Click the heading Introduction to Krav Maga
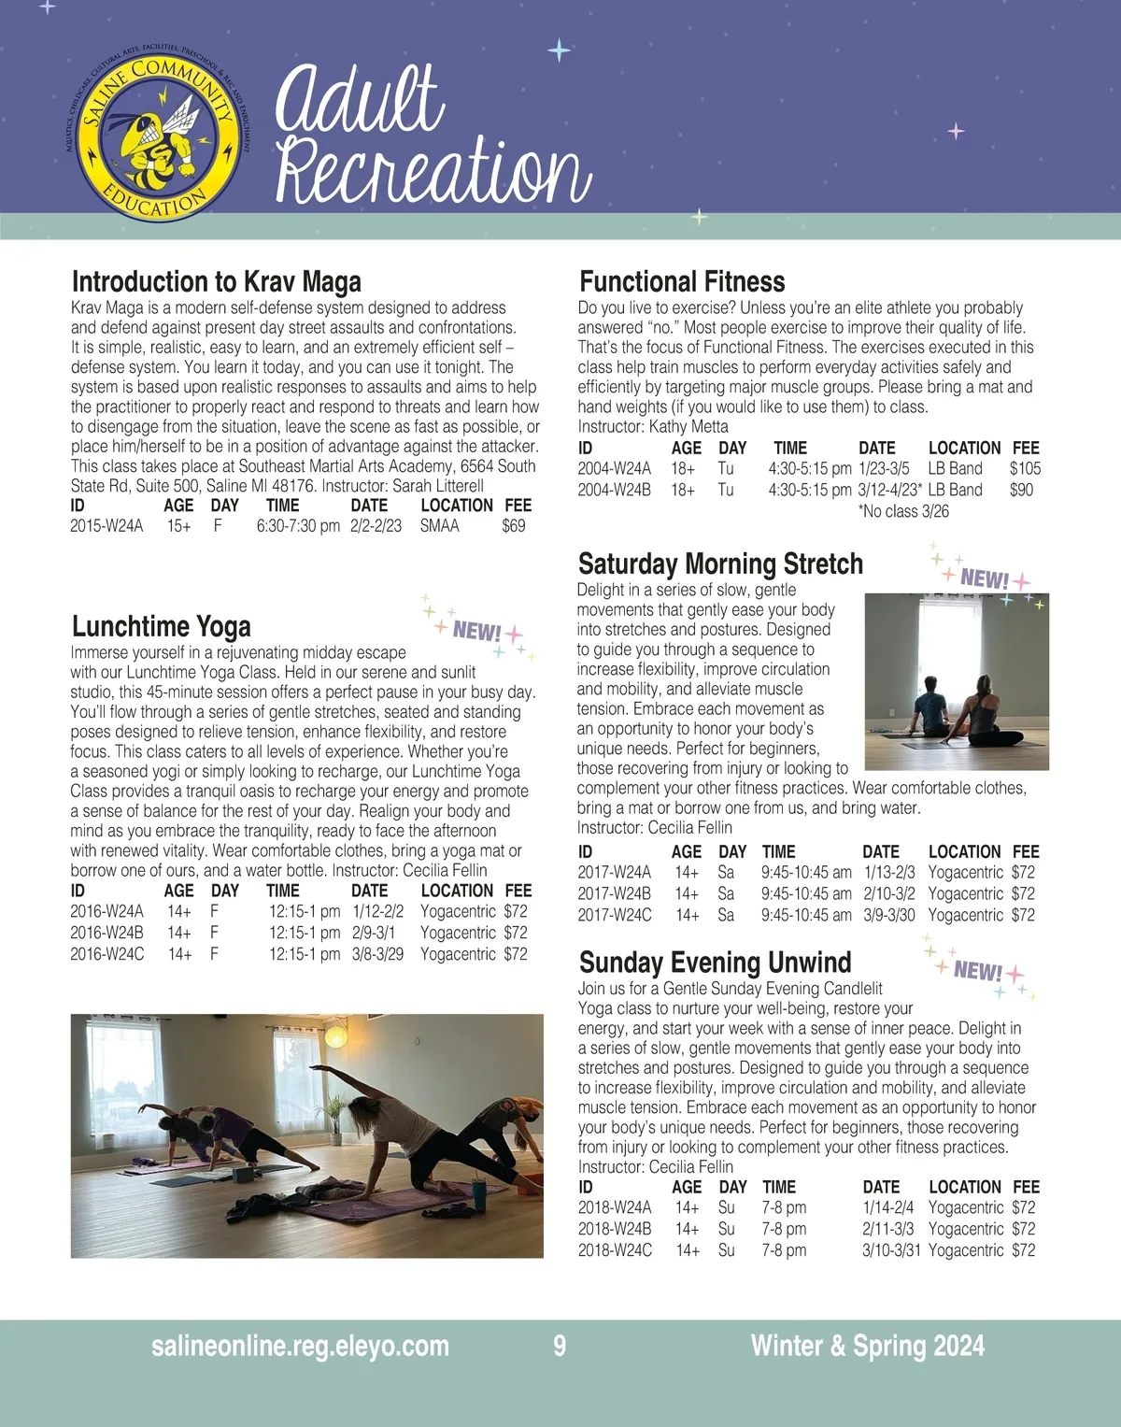coord(216,281)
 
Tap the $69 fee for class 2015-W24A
coord(513,526)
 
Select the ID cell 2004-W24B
coord(614,490)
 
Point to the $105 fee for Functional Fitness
coord(1024,468)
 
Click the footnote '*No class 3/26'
coord(902,511)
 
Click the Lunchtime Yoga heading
coord(161,626)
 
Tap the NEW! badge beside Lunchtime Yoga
coord(477,632)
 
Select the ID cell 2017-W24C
coord(614,915)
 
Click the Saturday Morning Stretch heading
coord(720,564)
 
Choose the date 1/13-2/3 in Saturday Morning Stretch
coord(888,872)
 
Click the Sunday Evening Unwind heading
coord(715,963)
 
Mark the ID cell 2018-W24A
coord(614,1207)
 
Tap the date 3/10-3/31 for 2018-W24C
coord(890,1250)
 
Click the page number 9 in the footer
coord(560,1346)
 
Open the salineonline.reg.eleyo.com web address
coord(300,1346)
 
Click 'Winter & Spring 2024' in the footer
coord(867,1346)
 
